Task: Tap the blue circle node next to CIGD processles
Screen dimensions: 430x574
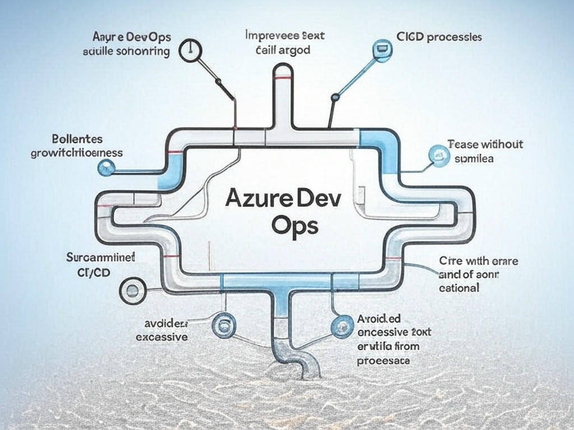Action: [x=382, y=49]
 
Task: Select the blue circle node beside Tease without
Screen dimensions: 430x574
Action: [x=438, y=153]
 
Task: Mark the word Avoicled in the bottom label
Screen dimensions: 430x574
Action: [x=379, y=319]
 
